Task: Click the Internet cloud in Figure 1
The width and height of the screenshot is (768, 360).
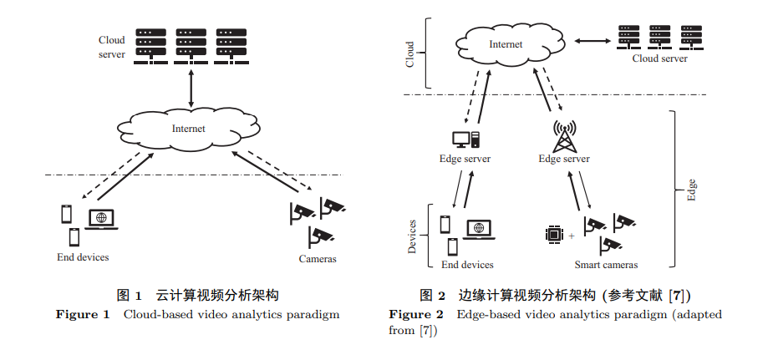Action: [x=188, y=129]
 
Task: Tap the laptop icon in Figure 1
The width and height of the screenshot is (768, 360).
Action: [x=101, y=220]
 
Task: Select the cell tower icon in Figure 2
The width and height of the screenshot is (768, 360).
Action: [x=565, y=135]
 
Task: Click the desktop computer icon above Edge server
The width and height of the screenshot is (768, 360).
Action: [x=465, y=139]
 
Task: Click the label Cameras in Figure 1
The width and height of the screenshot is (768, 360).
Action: [x=318, y=259]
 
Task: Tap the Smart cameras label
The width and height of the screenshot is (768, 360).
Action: [x=606, y=265]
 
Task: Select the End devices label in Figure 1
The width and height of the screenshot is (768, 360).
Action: [x=83, y=256]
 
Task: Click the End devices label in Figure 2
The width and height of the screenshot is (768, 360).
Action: [x=467, y=265]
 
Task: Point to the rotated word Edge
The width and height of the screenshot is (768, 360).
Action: [x=691, y=189]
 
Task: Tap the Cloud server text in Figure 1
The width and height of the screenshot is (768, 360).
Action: [x=112, y=47]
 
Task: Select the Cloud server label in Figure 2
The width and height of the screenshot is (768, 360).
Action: [x=659, y=58]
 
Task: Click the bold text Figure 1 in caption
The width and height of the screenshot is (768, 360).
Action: [x=83, y=315]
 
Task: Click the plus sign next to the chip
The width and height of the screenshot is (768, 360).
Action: [x=572, y=236]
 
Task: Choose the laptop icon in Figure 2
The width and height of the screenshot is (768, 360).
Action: [x=478, y=228]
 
